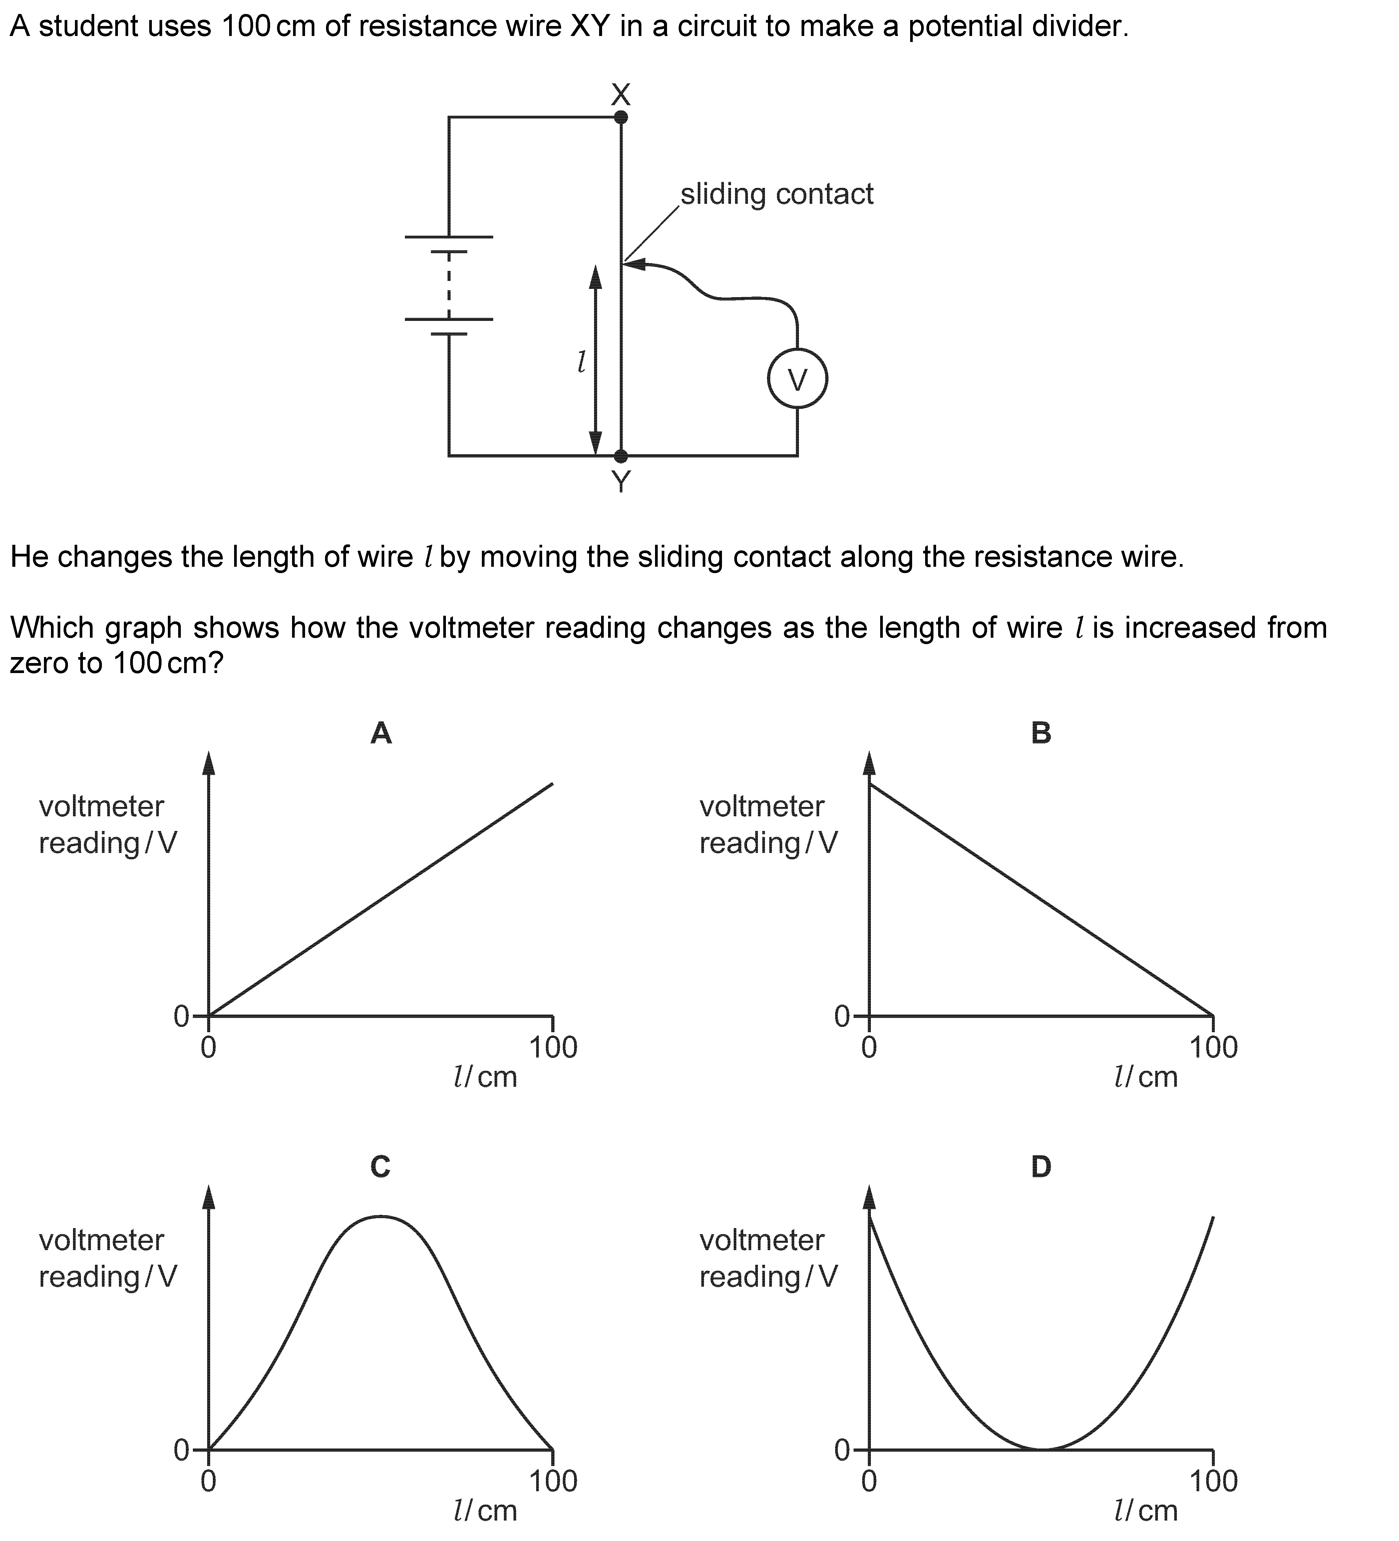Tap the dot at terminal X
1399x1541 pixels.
point(621,117)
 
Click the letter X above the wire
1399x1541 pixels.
point(621,94)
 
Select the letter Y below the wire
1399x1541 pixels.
point(621,481)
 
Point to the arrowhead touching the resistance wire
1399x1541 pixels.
point(635,265)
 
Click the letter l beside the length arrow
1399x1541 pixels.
point(581,362)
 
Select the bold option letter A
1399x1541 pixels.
point(381,732)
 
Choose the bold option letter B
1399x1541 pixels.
point(1041,732)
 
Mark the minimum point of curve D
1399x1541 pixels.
point(1041,1448)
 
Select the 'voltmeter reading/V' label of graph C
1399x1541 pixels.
point(108,1259)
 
